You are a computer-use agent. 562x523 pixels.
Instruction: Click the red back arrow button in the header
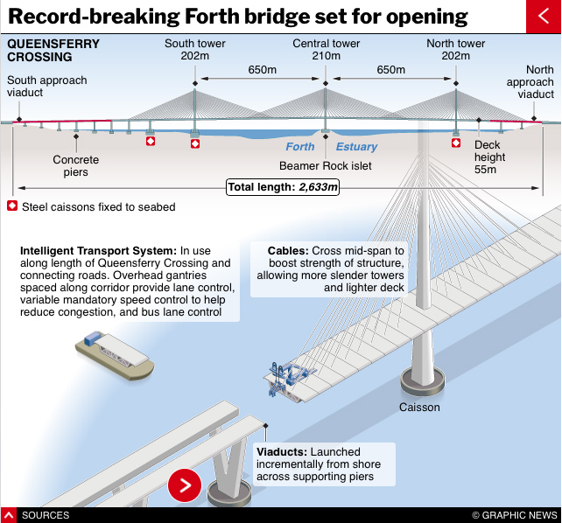tap(544, 16)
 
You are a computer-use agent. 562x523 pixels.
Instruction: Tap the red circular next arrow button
tap(185, 485)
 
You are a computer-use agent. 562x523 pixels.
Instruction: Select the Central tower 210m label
tap(326, 50)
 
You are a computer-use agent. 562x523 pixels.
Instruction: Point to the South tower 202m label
tap(195, 50)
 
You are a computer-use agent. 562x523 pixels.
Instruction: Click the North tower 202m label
tap(455, 50)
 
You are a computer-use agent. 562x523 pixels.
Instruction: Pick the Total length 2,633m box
tap(282, 186)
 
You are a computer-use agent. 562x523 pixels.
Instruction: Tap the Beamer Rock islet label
tap(325, 164)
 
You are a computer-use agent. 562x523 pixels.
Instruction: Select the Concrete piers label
tap(76, 166)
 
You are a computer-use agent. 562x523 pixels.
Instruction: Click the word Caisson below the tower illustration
tap(419, 408)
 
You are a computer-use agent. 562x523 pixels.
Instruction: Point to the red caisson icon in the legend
tap(12, 206)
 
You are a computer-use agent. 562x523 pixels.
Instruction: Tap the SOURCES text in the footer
tap(45, 515)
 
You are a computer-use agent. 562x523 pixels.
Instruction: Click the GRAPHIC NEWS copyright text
tap(515, 515)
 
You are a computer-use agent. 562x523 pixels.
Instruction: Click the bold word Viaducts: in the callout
tap(282, 452)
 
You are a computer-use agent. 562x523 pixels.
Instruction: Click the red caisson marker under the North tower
tap(455, 142)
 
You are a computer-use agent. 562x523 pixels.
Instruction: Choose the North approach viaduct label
tap(530, 82)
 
